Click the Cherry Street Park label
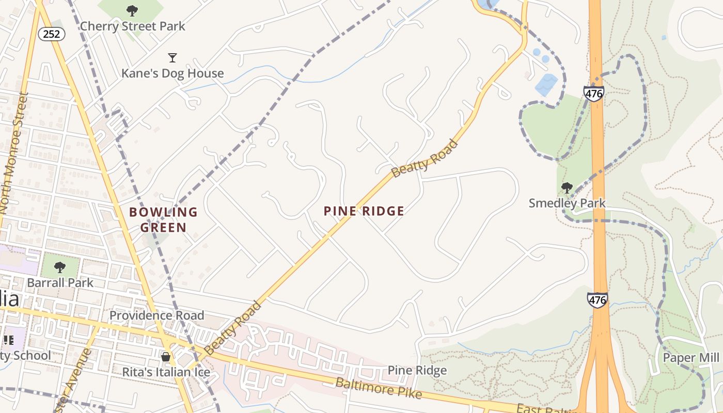[x=132, y=26]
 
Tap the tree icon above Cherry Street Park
[x=132, y=10]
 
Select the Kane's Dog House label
[x=172, y=73]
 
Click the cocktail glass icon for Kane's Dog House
[x=172, y=57]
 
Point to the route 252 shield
[x=52, y=34]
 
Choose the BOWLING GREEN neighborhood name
[x=163, y=219]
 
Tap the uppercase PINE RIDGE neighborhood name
[x=364, y=211]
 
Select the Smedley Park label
[x=567, y=203]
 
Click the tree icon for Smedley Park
[x=567, y=188]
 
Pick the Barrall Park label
[x=60, y=282]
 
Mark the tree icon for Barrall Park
[x=60, y=267]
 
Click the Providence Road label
[x=156, y=315]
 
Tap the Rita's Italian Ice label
[x=166, y=372]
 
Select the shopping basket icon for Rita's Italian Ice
[x=166, y=357]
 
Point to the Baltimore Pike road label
[x=378, y=388]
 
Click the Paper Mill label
[x=690, y=358]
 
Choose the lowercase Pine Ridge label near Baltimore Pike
[x=417, y=370]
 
